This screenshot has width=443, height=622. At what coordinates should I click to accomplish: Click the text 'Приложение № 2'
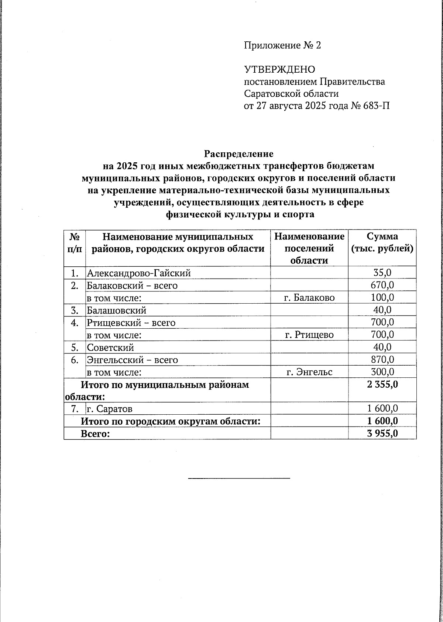pyautogui.click(x=282, y=45)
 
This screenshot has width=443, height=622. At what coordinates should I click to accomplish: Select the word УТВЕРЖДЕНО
pyautogui.click(x=279, y=69)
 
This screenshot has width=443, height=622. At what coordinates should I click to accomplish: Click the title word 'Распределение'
pyautogui.click(x=239, y=153)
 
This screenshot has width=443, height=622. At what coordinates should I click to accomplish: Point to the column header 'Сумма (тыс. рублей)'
pyautogui.click(x=382, y=242)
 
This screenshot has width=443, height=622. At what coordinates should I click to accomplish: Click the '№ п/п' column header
pyautogui.click(x=75, y=242)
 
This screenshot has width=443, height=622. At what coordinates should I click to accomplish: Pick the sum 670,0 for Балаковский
pyautogui.click(x=382, y=285)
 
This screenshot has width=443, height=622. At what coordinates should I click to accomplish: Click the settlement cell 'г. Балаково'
pyautogui.click(x=309, y=298)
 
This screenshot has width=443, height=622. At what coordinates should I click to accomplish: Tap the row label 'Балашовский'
pyautogui.click(x=117, y=310)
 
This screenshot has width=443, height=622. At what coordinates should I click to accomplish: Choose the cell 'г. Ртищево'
pyautogui.click(x=309, y=335)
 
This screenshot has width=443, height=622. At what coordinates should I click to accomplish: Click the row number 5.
pyautogui.click(x=75, y=347)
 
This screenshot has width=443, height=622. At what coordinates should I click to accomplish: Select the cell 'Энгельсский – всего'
pyautogui.click(x=132, y=360)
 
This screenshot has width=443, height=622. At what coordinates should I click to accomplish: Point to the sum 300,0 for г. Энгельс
pyautogui.click(x=382, y=372)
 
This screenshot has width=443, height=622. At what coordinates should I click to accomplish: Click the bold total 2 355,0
pyautogui.click(x=382, y=384)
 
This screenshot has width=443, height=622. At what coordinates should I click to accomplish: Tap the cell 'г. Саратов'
pyautogui.click(x=109, y=409)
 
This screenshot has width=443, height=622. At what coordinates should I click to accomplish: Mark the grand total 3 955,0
pyautogui.click(x=382, y=433)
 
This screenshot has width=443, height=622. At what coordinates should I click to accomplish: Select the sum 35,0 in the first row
pyautogui.click(x=382, y=273)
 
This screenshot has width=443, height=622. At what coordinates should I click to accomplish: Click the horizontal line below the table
pyautogui.click(x=239, y=478)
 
